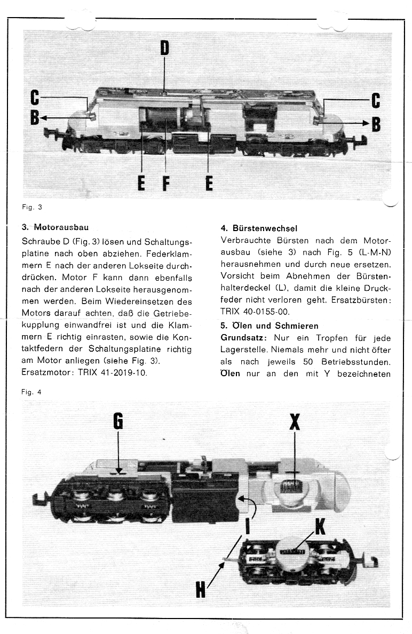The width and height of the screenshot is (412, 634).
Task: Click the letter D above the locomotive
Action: (165, 49)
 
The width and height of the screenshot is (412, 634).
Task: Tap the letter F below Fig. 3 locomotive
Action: (166, 184)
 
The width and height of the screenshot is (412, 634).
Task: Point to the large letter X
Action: (294, 422)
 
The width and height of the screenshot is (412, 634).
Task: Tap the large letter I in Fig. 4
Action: (247, 527)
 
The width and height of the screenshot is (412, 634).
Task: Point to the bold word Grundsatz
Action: (243, 337)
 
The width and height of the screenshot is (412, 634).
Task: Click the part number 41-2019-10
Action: (123, 373)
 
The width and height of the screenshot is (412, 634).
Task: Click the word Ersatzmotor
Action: (45, 373)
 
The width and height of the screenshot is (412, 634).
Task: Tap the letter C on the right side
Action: (375, 100)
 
